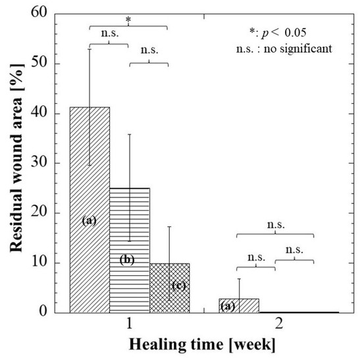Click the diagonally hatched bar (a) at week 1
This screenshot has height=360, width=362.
90,197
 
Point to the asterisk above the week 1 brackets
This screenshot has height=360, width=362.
128,20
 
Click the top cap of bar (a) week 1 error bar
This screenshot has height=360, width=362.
90,49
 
